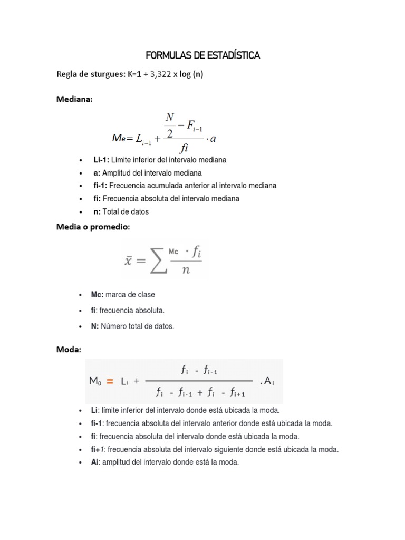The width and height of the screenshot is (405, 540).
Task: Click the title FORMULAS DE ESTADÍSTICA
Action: (202, 55)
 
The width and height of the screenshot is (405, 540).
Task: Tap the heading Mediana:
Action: (74, 100)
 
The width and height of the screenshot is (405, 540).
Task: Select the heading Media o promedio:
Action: (93, 227)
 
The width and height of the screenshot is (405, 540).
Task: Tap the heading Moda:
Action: (69, 350)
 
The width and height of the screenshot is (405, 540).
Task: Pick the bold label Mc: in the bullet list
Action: (97, 295)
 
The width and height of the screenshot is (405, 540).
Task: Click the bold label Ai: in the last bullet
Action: (95, 462)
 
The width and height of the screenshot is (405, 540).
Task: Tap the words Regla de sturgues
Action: (90, 75)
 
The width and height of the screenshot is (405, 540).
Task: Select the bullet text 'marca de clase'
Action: (130, 295)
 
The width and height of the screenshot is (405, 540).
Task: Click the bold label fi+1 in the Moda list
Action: (98, 450)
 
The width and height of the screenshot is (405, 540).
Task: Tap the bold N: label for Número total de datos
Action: (95, 326)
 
